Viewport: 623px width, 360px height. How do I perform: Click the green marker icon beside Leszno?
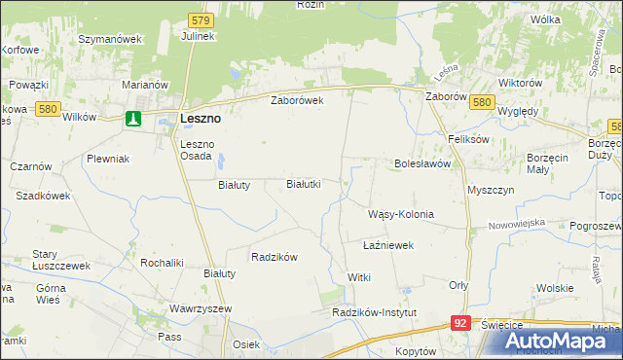click(133, 119)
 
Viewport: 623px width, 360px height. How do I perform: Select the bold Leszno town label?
click(200, 119)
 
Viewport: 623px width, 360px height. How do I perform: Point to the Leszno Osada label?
click(202, 150)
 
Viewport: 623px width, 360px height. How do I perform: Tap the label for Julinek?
click(198, 36)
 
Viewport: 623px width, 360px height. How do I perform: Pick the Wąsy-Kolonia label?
click(400, 214)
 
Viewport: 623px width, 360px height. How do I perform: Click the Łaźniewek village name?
click(388, 245)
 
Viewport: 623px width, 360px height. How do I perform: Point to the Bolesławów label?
click(421, 163)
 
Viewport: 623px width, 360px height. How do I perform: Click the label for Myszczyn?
click(491, 190)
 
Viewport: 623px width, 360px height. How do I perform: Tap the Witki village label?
click(359, 278)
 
